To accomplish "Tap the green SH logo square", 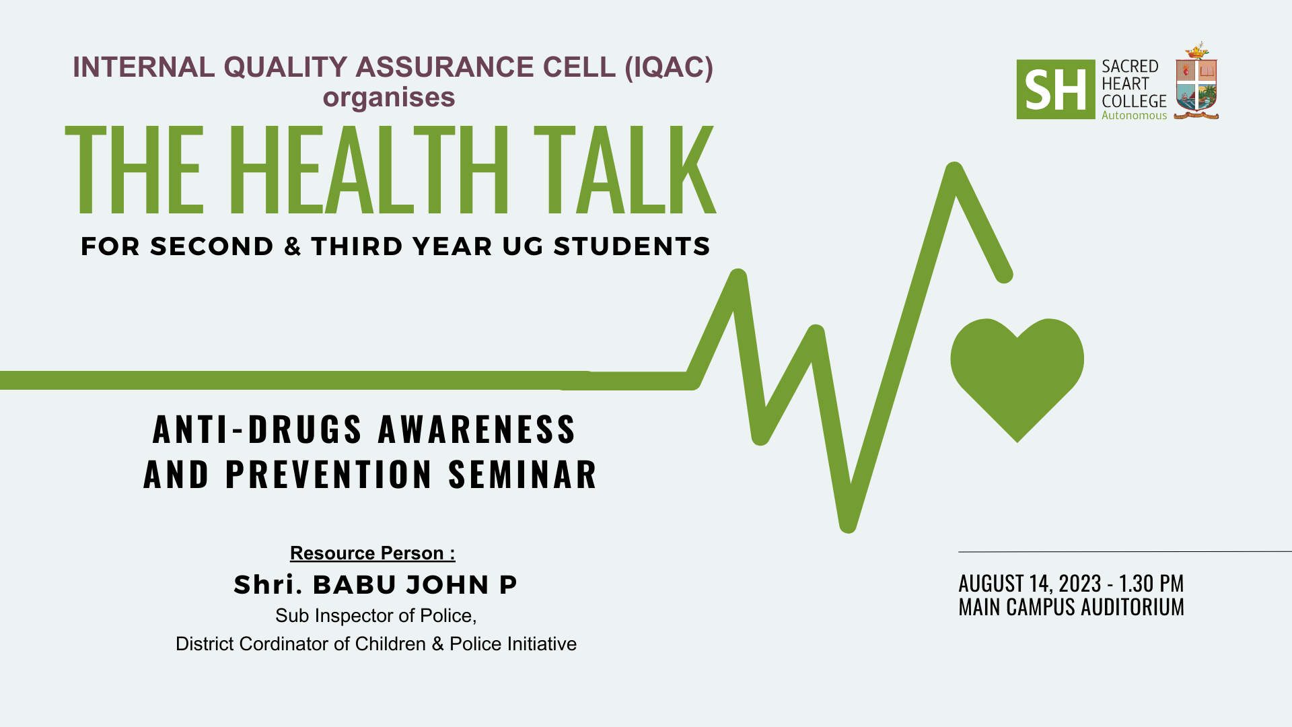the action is [x=1056, y=90].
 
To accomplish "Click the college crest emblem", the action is [x=1196, y=81].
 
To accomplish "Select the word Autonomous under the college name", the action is [x=1135, y=116].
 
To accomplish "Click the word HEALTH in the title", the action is [x=369, y=170].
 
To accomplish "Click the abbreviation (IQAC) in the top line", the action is [x=669, y=67].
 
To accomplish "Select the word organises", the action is [x=389, y=98].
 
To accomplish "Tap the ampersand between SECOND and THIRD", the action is [x=293, y=246].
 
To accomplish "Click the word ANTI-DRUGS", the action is [x=258, y=429].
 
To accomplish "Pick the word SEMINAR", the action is [x=523, y=475].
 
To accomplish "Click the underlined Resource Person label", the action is [x=373, y=553].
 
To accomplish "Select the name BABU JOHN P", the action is [x=415, y=585].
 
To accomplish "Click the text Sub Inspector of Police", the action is [x=376, y=616].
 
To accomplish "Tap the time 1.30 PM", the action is [x=1151, y=583].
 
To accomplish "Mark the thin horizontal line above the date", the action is [x=1125, y=552].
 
